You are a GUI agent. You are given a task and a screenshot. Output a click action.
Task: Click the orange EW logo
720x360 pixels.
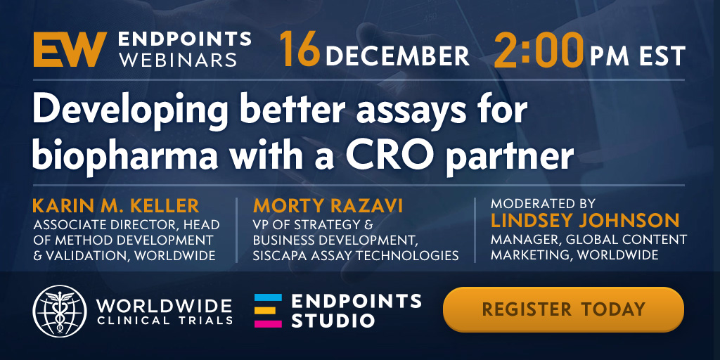(x=70, y=49)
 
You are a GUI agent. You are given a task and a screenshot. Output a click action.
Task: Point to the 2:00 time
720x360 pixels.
(x=539, y=50)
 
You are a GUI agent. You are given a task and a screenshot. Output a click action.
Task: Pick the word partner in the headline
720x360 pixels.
(x=510, y=157)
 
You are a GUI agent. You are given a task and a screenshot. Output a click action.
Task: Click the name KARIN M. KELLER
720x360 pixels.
(x=116, y=206)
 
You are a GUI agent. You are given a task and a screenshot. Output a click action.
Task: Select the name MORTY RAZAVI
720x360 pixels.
(x=328, y=206)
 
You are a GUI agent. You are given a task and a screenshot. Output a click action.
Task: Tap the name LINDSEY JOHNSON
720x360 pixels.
(x=584, y=220)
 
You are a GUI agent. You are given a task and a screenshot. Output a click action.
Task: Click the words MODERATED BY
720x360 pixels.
(x=543, y=203)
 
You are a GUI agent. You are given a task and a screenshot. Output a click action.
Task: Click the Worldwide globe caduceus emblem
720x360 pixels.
(x=60, y=311)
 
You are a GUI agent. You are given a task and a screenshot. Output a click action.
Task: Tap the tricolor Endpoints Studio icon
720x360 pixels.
(x=268, y=311)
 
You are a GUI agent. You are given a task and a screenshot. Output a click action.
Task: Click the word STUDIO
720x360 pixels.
(x=333, y=321)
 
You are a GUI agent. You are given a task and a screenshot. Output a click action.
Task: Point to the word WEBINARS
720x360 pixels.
(x=178, y=60)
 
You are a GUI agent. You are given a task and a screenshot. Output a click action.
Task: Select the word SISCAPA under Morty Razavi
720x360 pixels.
(x=281, y=255)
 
